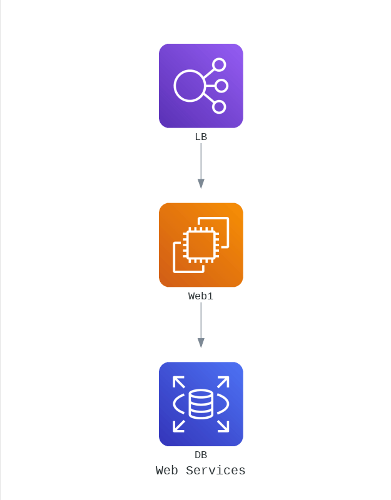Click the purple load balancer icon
tap(201, 86)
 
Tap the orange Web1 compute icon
tap(201, 245)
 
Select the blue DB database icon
tap(201, 404)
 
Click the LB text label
tap(201, 137)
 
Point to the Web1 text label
tap(201, 296)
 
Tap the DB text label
tap(201, 455)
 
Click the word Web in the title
tap(167, 471)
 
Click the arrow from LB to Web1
tap(201, 162)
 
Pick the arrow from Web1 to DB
tap(201, 322)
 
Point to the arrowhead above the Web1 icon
tap(201, 184)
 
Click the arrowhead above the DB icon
tap(201, 343)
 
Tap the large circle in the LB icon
tap(190, 86)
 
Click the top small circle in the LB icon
tap(219, 65)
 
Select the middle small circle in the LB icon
tap(221, 86)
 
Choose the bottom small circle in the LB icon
tap(219, 107)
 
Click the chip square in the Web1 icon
tap(201, 245)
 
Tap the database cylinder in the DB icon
tap(201, 404)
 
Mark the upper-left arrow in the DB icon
tap(179, 382)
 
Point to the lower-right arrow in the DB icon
tap(223, 426)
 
